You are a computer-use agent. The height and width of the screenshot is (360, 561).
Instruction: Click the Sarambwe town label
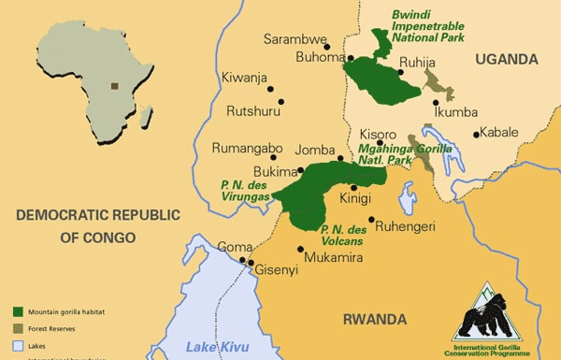click(295, 40)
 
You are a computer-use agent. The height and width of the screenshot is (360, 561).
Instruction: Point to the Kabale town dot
click(476, 135)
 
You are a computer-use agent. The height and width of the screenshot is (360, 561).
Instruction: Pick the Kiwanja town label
click(244, 78)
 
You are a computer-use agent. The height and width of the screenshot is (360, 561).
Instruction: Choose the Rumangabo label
click(248, 148)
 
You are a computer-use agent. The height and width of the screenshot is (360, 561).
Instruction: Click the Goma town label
click(234, 247)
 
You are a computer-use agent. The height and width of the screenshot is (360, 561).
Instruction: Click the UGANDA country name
click(506, 59)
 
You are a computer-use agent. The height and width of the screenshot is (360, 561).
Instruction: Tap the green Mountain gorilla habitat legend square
click(19, 310)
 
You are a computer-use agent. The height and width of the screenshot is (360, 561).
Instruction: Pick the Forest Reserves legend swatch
click(19, 327)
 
